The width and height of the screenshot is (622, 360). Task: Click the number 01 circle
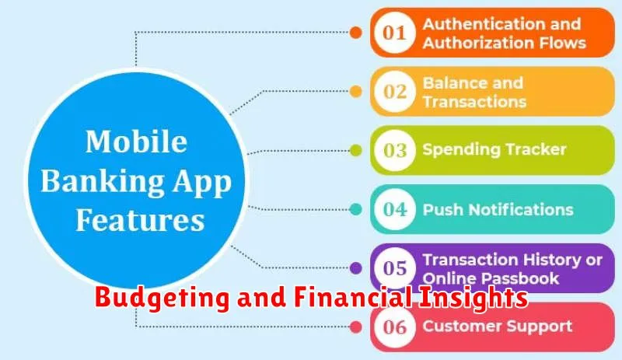(395, 33)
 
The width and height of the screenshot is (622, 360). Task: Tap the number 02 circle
(395, 91)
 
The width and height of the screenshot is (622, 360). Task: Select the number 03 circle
(395, 150)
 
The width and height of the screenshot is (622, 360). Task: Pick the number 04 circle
(395, 209)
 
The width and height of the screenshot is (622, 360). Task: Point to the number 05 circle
(395, 268)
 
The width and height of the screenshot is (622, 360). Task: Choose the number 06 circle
(395, 327)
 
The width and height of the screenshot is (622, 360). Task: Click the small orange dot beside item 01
(356, 33)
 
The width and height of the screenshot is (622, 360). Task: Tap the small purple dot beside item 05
(356, 268)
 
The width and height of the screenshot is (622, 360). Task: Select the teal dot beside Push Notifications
(356, 209)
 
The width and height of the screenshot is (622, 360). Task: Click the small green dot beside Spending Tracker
(356, 150)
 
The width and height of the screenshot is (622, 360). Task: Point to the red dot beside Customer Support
(356, 327)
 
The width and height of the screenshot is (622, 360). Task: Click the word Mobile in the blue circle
(137, 142)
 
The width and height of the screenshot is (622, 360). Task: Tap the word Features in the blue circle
(140, 220)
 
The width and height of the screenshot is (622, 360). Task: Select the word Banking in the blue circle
(102, 182)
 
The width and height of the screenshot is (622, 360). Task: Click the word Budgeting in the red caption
(162, 298)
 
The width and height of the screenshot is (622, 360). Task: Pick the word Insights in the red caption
(473, 298)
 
